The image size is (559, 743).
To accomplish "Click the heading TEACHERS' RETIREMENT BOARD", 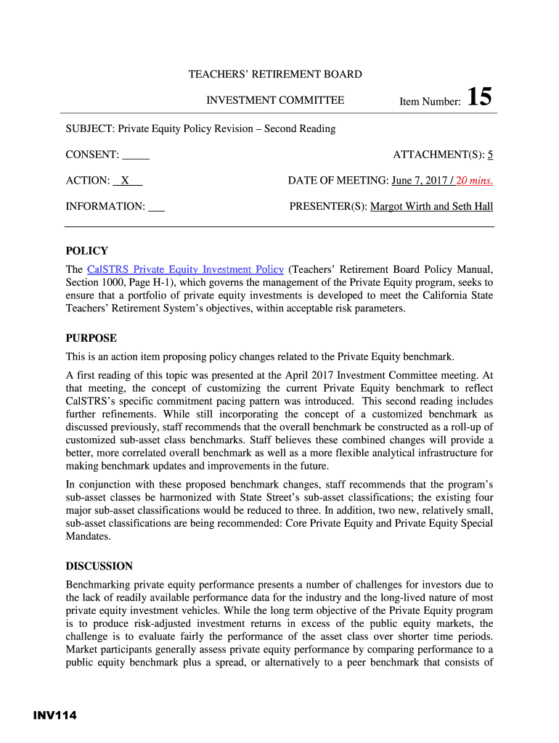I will coord(275,74).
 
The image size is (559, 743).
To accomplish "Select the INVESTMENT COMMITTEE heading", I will coord(275,101).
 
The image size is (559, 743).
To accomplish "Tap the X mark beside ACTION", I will coord(126,181).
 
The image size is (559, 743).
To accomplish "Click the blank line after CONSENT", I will coord(136,155).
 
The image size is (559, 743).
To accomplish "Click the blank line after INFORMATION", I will coord(156,207).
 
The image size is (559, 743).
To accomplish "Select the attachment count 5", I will coord(491,155).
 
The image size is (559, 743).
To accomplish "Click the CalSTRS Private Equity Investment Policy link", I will coord(184,269).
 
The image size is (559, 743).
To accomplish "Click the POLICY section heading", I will coord(86,251).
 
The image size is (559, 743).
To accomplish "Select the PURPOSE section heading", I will coord(91,338).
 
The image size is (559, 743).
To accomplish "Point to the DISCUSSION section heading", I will coord(99,566).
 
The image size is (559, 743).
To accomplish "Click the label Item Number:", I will coord(430,102).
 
